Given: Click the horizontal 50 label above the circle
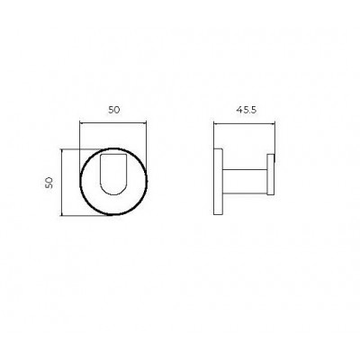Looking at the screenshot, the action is tap(114, 110).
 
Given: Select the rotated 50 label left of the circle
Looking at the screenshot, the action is tap(49, 183).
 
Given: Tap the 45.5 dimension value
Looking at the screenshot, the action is tap(247, 110).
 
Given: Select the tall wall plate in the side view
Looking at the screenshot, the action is tap(218, 182).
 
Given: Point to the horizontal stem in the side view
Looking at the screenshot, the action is tap(245, 181).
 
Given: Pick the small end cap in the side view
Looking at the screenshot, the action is tap(271, 175).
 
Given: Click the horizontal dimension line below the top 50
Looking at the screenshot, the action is tap(112, 122).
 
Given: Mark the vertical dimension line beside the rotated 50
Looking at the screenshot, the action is tap(61, 182).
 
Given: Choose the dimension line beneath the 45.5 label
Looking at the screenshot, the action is tap(244, 123).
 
